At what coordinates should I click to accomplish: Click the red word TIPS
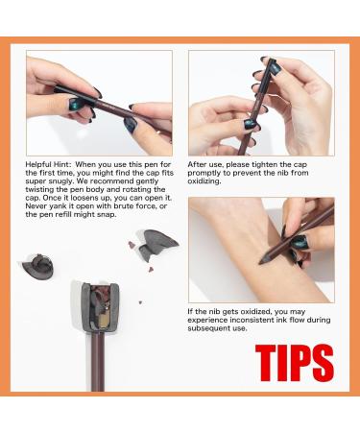point(295,363)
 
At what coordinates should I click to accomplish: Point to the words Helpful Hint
point(47,165)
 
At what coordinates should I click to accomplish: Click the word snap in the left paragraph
point(107,215)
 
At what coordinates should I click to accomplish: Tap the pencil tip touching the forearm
point(262,261)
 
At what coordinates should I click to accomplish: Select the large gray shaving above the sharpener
point(156,244)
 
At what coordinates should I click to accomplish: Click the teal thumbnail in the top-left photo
point(76,104)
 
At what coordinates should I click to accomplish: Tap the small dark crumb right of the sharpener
point(140,302)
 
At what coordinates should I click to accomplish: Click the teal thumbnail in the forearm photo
point(300,242)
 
